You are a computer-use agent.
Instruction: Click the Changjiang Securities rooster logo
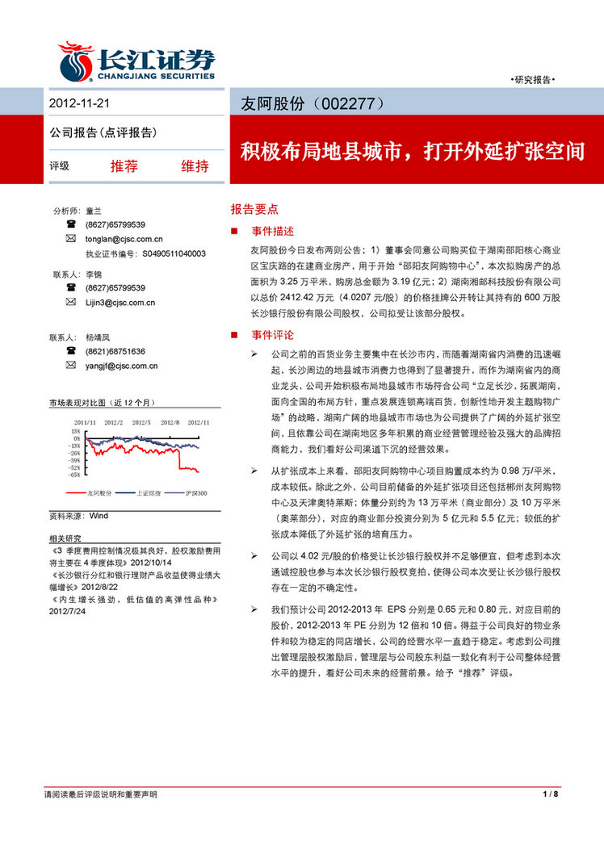pos(76,61)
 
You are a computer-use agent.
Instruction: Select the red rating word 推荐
pos(124,166)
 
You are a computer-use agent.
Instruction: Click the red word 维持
pos(195,166)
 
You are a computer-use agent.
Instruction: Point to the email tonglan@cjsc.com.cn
pos(124,239)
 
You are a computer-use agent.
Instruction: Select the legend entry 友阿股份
pos(99,492)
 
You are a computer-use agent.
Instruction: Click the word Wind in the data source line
pos(99,515)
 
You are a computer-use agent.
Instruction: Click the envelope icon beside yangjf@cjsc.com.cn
pos(72,366)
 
